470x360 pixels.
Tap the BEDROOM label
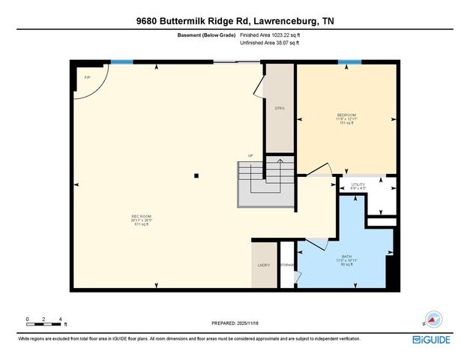[346, 115]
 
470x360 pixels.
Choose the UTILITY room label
[358, 184]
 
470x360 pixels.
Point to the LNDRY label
[262, 265]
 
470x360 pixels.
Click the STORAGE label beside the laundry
[287, 265]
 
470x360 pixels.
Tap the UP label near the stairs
[252, 155]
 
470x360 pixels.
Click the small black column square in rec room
[196, 176]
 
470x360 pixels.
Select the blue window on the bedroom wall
[344, 61]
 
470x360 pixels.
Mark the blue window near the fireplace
[121, 61]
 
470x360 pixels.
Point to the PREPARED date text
[234, 323]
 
